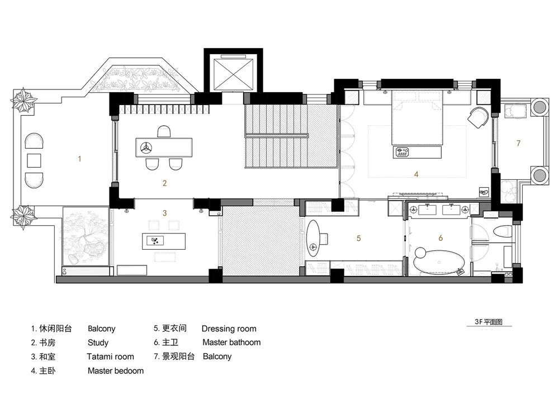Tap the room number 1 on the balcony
click(x=79, y=159)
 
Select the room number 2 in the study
click(x=165, y=183)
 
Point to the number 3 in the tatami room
click(x=165, y=213)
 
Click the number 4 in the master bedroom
click(x=416, y=174)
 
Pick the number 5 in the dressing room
click(x=359, y=238)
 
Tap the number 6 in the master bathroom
click(x=440, y=238)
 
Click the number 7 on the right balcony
click(x=518, y=143)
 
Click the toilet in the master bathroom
click(x=503, y=232)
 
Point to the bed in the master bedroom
click(x=417, y=117)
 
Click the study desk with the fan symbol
click(x=164, y=147)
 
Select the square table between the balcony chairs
click(x=34, y=161)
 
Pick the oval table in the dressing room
click(x=314, y=238)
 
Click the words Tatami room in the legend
click(x=110, y=356)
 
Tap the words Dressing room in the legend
click(x=229, y=329)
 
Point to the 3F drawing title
click(x=489, y=322)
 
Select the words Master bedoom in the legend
click(x=116, y=371)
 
